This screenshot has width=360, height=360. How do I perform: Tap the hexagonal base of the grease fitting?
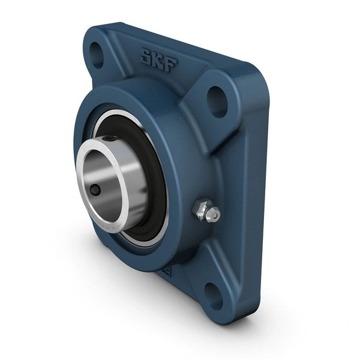click(x=199, y=210)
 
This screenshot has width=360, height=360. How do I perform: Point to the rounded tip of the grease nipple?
click(x=214, y=214)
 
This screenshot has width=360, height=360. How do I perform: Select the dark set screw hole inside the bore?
click(x=96, y=191)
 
